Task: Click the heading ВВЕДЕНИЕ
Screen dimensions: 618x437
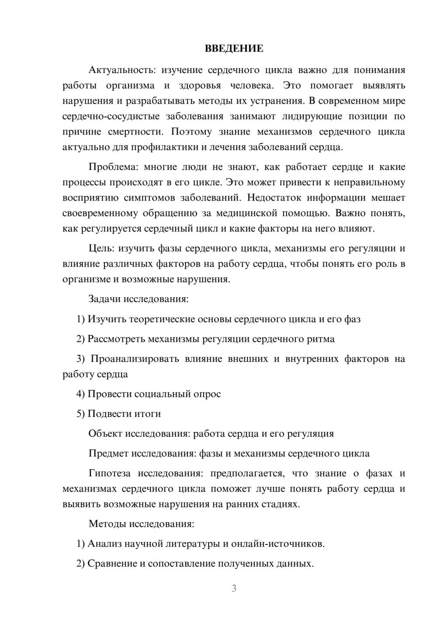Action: click(x=234, y=49)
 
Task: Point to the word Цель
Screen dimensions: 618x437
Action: click(x=101, y=249)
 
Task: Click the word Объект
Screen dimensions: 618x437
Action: click(x=105, y=434)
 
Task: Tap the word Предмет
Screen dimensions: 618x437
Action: click(x=109, y=453)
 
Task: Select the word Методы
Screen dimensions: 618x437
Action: click(x=107, y=524)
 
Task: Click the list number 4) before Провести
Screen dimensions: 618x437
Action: click(x=80, y=394)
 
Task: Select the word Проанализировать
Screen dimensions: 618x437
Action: click(x=135, y=359)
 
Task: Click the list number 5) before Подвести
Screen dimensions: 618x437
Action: click(x=80, y=413)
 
